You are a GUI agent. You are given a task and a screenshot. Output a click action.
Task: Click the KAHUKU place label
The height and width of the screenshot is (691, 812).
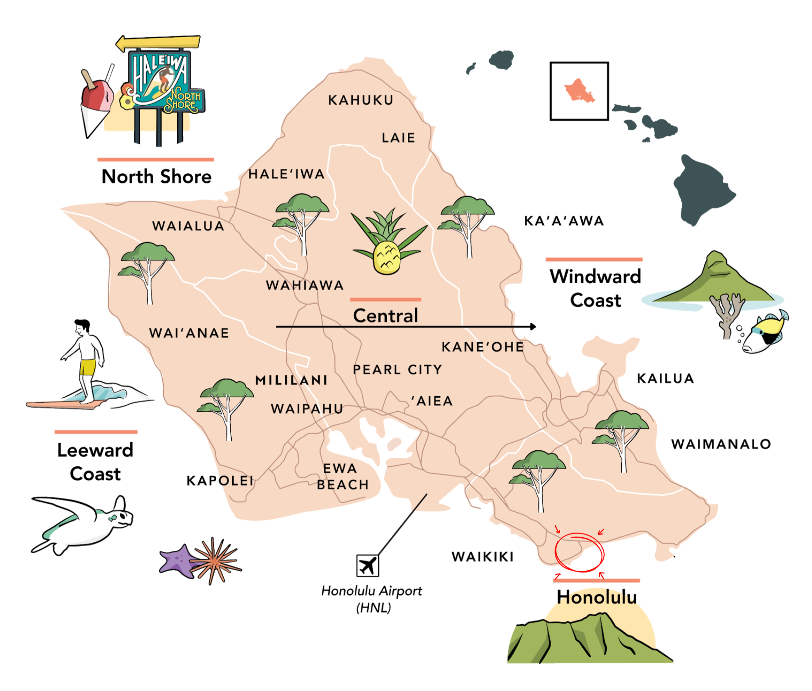(x=360, y=100)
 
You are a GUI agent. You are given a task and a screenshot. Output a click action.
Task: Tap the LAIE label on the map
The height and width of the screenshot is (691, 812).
(x=398, y=138)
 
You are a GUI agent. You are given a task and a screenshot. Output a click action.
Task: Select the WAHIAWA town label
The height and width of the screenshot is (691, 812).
(x=304, y=285)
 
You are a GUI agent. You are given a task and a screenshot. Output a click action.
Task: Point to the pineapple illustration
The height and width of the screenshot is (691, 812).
(x=387, y=244)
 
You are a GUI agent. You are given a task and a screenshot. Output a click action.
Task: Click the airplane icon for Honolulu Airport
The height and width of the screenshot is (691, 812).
(x=367, y=565)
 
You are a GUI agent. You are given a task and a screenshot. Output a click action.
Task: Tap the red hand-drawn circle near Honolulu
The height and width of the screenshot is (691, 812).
(x=579, y=552)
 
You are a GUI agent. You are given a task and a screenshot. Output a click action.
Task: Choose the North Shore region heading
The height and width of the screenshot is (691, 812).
(x=156, y=177)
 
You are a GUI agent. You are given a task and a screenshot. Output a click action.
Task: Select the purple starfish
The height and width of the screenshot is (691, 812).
(x=177, y=560)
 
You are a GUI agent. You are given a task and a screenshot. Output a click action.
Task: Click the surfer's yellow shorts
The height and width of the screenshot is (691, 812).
(x=87, y=367)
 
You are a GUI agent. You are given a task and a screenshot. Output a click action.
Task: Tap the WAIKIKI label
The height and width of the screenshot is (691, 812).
(x=483, y=557)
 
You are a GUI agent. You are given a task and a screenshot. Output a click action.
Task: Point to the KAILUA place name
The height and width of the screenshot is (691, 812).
(x=665, y=378)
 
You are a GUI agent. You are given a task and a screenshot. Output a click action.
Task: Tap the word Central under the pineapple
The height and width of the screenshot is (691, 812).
(x=385, y=316)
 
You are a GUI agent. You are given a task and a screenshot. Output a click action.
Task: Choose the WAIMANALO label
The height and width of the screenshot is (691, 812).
(x=721, y=444)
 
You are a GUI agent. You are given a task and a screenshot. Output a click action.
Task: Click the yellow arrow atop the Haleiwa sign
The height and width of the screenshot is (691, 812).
(x=158, y=43)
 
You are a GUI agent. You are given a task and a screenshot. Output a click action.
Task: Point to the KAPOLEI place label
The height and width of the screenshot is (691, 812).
(x=220, y=481)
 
